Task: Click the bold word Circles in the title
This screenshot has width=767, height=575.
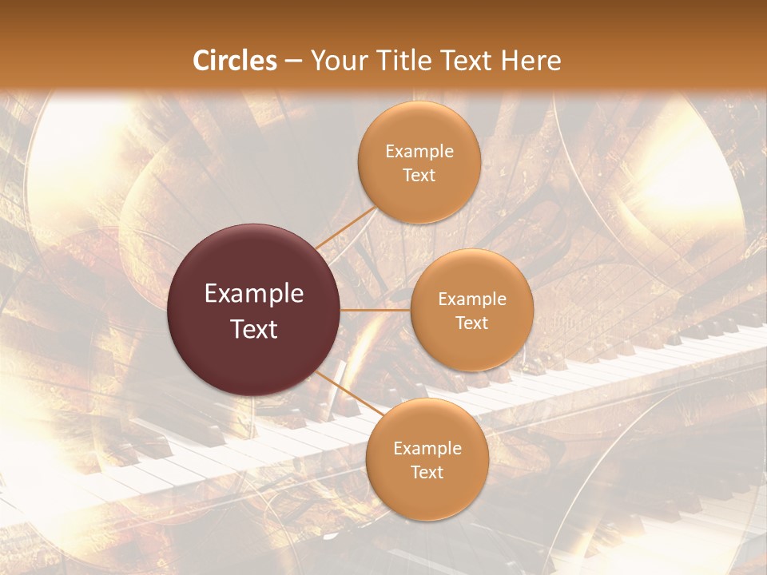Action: [235, 61]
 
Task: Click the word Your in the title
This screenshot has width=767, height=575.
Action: [336, 61]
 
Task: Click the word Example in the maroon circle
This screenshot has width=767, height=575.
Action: [254, 294]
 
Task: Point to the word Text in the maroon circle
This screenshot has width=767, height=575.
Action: [254, 329]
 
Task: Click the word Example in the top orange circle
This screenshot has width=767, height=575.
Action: [419, 152]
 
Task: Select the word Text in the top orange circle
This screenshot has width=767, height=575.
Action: [419, 176]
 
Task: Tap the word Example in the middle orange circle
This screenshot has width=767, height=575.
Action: [471, 299]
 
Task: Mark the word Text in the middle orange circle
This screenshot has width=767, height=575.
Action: [471, 323]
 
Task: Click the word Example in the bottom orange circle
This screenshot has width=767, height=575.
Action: [427, 449]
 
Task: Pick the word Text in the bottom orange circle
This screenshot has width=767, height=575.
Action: [427, 473]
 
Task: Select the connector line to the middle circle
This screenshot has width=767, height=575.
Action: [376, 310]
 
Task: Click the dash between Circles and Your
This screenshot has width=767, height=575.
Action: [292, 61]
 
